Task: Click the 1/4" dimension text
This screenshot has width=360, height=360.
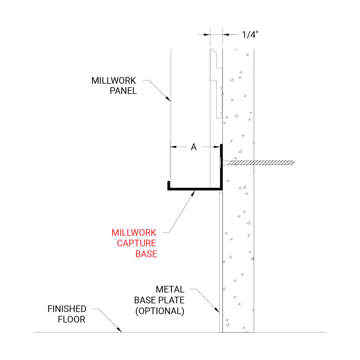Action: coord(250,35)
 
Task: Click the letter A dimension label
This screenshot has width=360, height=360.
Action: coord(194,147)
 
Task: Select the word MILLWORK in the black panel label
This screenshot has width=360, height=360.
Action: coord(114,81)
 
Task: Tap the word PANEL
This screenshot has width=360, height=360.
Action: coord(123,91)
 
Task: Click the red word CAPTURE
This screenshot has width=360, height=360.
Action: coord(136,243)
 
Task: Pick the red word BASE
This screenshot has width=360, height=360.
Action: coord(146,254)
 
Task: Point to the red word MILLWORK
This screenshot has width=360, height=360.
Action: coord(134,232)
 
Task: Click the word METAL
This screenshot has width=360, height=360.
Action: coord(170,289)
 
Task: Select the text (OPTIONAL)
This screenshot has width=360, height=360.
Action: coord(160,311)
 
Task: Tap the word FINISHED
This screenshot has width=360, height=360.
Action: coord(67,309)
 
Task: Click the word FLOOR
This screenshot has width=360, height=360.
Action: coord(71,319)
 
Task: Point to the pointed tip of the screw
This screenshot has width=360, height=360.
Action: coord(294,163)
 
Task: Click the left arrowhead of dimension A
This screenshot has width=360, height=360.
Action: coord(173,147)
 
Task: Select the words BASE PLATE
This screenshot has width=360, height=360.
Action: coord(159,300)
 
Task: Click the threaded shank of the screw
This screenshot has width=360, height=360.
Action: coord(261,163)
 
